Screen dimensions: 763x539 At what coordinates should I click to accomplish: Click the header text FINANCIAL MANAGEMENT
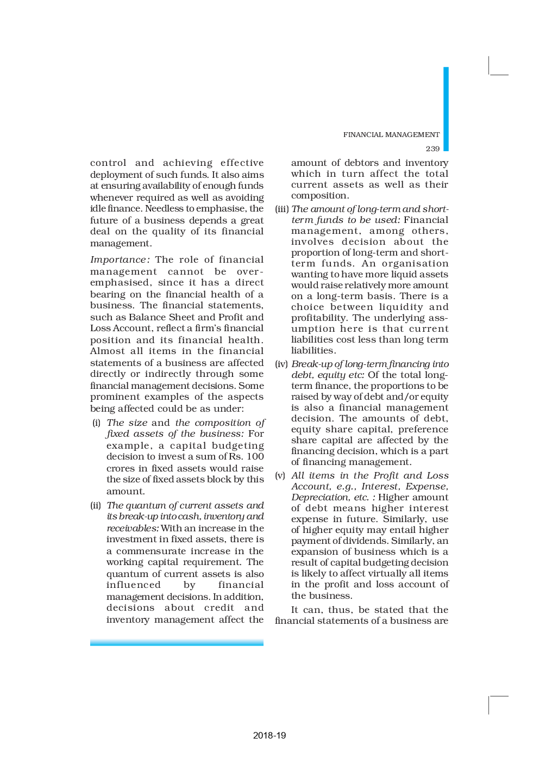pos(391,134)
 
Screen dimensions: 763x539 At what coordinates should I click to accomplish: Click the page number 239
pos(433,148)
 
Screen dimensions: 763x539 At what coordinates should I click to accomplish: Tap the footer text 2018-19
pos(269,735)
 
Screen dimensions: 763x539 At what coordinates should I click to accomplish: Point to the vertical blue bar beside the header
pos(446,109)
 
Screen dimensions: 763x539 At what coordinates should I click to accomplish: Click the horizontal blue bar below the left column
pos(177,643)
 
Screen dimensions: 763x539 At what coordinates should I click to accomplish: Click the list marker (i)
pos(96,423)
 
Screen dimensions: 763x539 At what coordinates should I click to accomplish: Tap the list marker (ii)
pos(96,505)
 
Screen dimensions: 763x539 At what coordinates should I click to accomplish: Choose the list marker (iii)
pos(281,209)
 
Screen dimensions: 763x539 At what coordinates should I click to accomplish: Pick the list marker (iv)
pos(281,364)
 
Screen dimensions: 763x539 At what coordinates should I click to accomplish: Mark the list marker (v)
pos(280,475)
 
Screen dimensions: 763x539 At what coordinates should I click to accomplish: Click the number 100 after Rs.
pos(255,457)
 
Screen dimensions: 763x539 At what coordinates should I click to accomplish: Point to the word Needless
pos(164,209)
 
